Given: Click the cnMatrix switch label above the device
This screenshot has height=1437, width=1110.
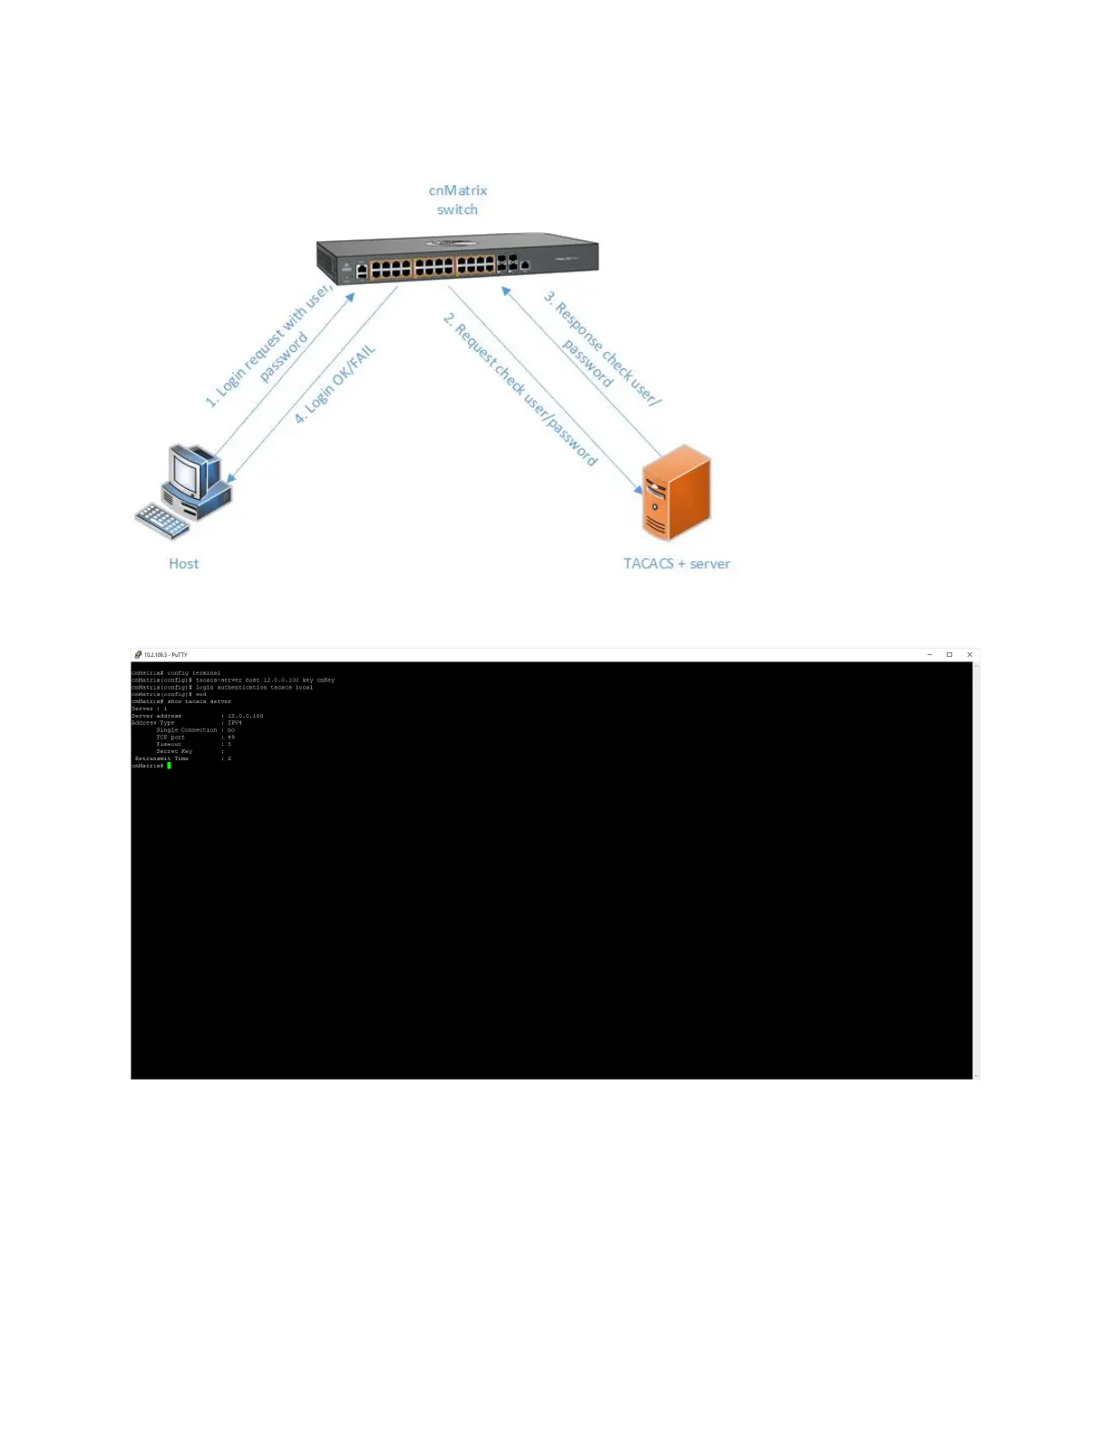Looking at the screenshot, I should [x=458, y=200].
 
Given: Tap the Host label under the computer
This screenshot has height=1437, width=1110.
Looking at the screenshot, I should [x=183, y=563].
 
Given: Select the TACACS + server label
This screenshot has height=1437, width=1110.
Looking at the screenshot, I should [x=677, y=563].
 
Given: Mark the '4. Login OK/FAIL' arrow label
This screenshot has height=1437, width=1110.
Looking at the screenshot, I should [x=334, y=385].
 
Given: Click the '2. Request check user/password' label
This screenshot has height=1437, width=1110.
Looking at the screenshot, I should [x=521, y=389].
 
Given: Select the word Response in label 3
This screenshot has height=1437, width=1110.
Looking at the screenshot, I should [x=578, y=327].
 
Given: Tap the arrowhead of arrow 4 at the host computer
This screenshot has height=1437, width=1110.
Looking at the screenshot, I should [x=232, y=477].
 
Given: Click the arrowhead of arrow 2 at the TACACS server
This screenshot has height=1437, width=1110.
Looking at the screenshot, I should [x=638, y=489].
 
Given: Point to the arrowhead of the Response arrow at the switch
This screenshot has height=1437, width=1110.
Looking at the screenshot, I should [x=506, y=291].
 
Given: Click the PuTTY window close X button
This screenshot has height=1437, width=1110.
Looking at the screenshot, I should [x=969, y=654].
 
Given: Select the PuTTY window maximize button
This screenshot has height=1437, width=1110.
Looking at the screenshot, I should [x=949, y=654].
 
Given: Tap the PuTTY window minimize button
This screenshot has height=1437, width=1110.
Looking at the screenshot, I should [x=930, y=654].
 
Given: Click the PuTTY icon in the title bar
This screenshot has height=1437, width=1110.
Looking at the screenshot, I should [x=138, y=654].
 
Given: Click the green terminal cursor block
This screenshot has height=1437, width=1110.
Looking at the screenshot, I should [x=169, y=766].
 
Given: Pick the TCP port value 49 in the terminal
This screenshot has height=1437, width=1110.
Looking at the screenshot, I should [x=231, y=738].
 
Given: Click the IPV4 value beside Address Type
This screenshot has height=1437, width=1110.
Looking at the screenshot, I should [x=235, y=723].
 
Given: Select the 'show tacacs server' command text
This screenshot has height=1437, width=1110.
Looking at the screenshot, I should [x=200, y=701].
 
